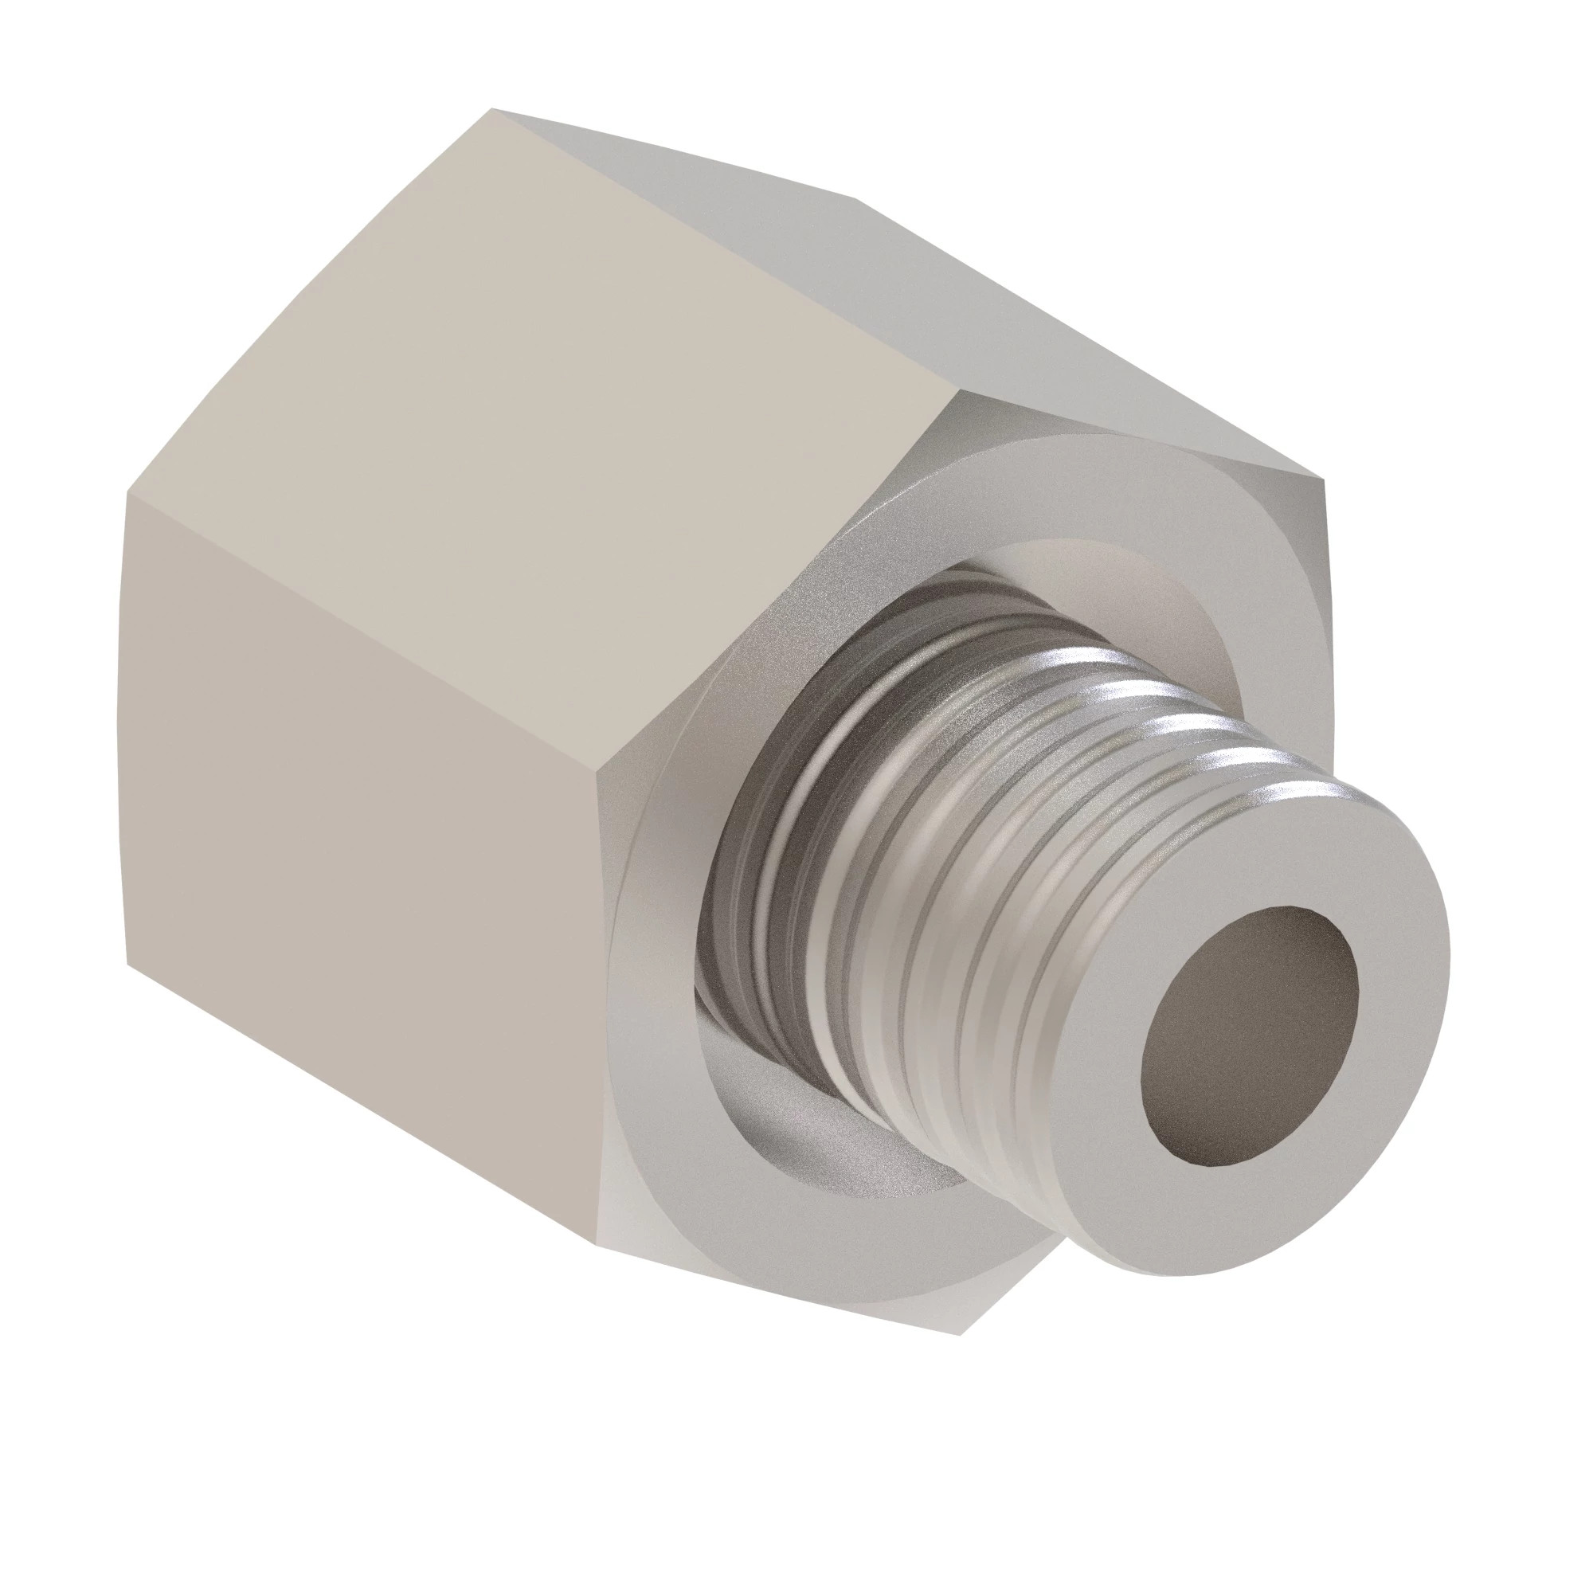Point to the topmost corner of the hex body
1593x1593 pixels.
493,108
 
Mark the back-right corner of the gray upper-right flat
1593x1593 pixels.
858,198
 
